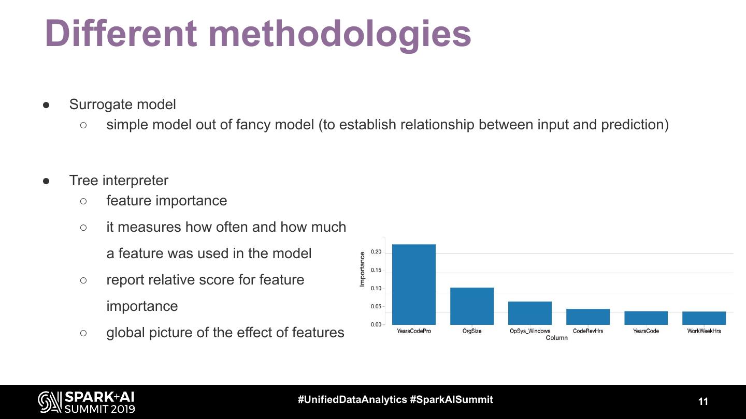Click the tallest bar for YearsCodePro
(413, 285)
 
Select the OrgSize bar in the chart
(472, 306)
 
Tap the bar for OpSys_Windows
(530, 313)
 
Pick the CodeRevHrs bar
(588, 317)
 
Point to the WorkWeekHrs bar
(704, 318)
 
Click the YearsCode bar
(646, 318)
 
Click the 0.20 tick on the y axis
(376, 252)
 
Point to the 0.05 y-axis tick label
(376, 307)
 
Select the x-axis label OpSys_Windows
(530, 331)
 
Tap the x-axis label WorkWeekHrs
(704, 331)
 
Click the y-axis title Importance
(362, 270)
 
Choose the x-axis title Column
(556, 338)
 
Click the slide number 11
(703, 402)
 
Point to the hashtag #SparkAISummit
(452, 399)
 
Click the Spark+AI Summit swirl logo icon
(50, 402)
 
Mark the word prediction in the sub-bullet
(635, 125)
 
